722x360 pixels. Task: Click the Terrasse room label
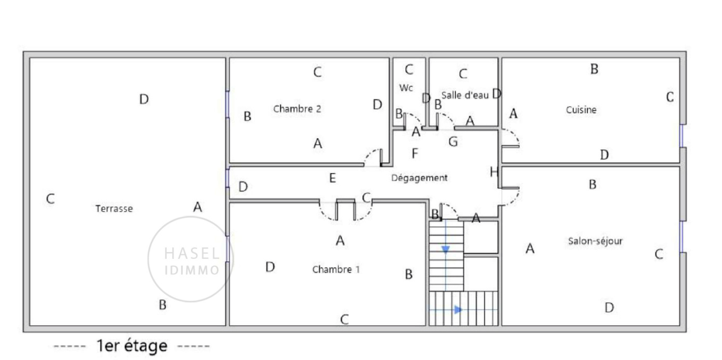114,208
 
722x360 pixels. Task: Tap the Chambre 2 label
297,109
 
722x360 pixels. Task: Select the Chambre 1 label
336,269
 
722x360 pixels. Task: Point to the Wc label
406,88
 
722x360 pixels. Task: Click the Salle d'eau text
465,95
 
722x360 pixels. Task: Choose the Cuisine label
581,110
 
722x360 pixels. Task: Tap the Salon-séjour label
595,241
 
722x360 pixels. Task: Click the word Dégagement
419,178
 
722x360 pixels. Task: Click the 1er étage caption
132,346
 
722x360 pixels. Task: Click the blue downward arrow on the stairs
445,249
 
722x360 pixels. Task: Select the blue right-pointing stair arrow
458,310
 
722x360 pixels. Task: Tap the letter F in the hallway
415,153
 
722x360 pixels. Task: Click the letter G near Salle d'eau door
453,142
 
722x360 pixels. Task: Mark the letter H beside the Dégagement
494,172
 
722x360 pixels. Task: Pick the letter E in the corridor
333,178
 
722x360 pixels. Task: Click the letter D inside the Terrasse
144,99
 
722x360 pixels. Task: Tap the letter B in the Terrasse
162,305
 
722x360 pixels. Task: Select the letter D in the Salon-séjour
609,308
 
